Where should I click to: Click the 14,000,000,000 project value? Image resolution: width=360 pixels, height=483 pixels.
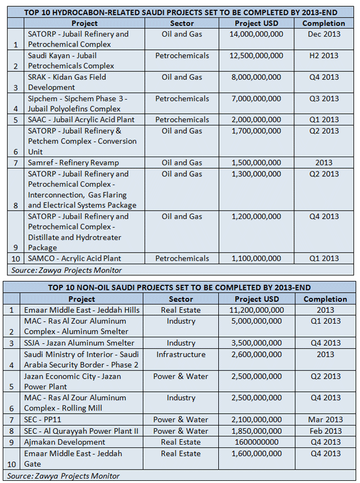point(256,34)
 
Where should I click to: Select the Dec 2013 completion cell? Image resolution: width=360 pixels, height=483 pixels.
point(323,34)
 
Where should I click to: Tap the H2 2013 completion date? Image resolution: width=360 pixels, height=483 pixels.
point(323,56)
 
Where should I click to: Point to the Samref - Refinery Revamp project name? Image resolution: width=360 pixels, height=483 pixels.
point(73,163)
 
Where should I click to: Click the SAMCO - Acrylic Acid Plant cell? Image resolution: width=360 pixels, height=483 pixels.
point(75,258)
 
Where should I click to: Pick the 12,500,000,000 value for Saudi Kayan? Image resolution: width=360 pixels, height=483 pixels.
point(256,56)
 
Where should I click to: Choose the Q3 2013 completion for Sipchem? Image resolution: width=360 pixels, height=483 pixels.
point(323,99)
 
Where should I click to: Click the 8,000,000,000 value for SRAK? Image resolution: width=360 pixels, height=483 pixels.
point(256,77)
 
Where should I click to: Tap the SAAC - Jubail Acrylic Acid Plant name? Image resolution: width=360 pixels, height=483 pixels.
point(78,120)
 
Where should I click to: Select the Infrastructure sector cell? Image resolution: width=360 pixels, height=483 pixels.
point(181,355)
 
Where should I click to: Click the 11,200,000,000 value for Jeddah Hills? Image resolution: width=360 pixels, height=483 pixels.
point(256,310)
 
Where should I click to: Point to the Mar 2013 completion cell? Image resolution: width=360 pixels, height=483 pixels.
point(325,419)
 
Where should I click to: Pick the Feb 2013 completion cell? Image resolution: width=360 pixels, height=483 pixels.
point(325,431)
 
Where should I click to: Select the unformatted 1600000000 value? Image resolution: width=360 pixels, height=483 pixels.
point(256,442)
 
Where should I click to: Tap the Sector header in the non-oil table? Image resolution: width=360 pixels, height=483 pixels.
point(181,299)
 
